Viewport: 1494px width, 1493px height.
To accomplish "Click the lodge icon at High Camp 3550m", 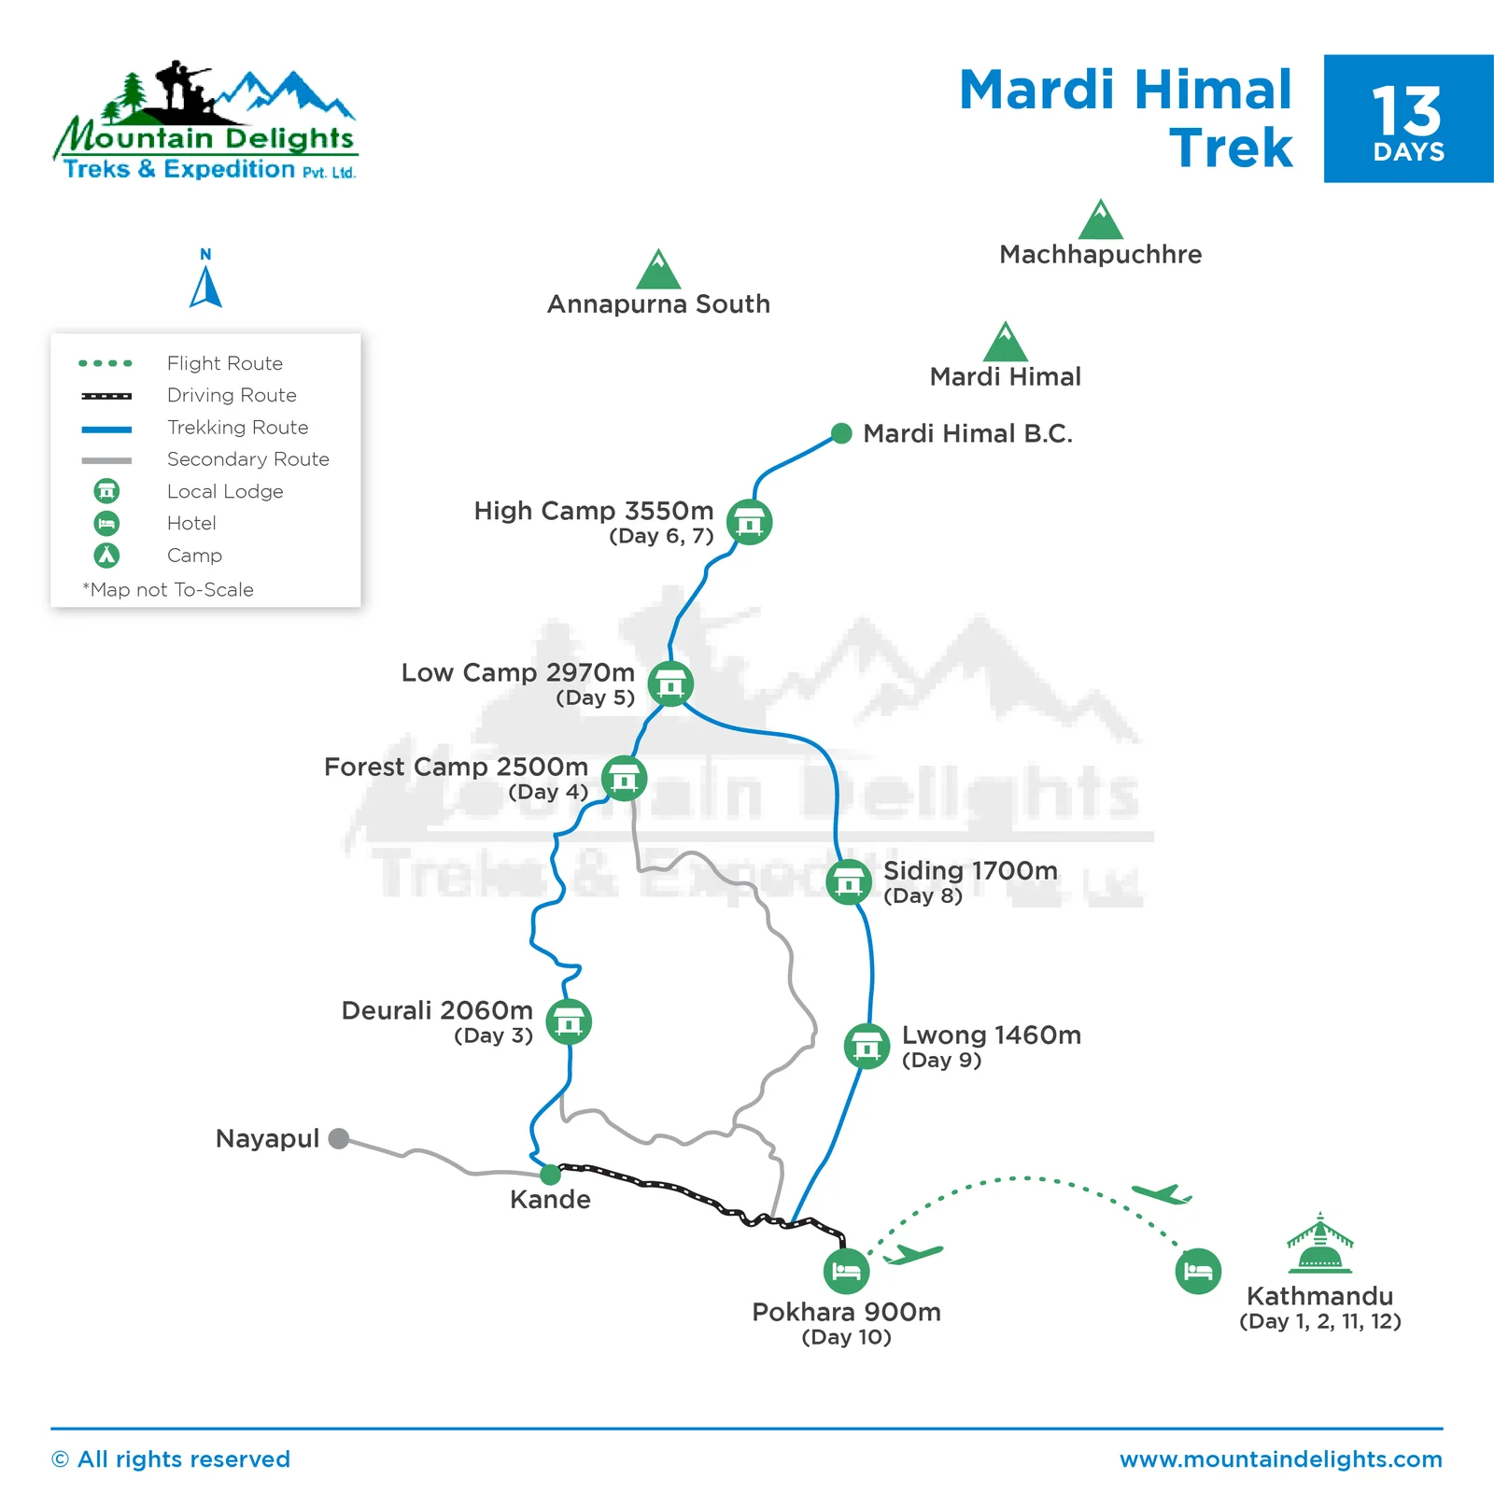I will (x=749, y=522).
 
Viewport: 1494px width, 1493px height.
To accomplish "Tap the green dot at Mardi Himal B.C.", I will (x=841, y=433).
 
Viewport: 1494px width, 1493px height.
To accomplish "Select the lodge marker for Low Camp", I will (x=670, y=684).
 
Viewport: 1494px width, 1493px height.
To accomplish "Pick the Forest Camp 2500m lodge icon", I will (x=624, y=778).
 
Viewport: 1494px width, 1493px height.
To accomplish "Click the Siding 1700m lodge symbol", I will (x=849, y=881).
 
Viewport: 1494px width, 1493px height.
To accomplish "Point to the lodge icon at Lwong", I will (x=867, y=1046).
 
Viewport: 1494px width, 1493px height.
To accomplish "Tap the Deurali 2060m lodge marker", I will (x=568, y=1021).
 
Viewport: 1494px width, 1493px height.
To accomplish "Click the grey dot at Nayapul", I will (x=339, y=1138).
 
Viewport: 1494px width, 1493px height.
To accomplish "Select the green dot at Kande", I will (x=551, y=1174).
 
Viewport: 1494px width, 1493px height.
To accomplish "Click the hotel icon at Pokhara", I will (x=846, y=1271).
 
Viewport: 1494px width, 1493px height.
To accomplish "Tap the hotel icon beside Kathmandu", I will (x=1198, y=1271).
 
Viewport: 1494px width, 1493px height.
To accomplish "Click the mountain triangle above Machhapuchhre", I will (x=1101, y=221).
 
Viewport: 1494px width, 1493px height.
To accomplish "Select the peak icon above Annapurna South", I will (x=658, y=271).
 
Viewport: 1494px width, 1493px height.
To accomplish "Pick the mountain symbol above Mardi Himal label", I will (x=1006, y=343).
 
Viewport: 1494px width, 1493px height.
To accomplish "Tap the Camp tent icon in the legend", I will (x=106, y=556).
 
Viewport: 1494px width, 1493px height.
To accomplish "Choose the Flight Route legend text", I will (x=224, y=363).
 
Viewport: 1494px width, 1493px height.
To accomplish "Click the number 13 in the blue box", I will (x=1407, y=112).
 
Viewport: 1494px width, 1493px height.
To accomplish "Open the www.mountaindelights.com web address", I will (x=1280, y=1459).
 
